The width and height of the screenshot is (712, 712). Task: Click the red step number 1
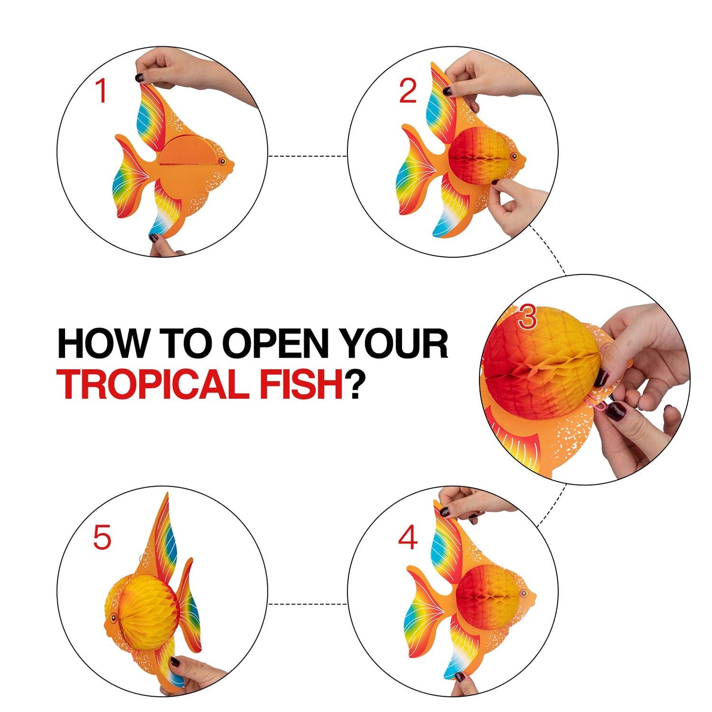point(102,91)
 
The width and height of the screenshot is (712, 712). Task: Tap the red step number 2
point(408,91)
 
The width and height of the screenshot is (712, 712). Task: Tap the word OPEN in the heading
point(275,343)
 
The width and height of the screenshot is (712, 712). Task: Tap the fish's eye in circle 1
point(222,162)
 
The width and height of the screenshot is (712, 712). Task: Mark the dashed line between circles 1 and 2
point(308,156)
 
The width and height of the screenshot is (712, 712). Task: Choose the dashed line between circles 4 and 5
point(308,604)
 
